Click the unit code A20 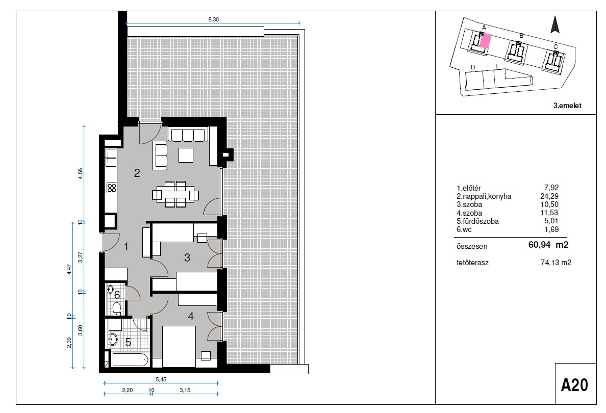tap(574, 385)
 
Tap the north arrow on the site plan tap(555, 24)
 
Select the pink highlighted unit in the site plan tap(486, 40)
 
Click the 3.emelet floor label tap(567, 106)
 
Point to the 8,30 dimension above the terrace tap(213, 19)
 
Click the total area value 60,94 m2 tap(548, 245)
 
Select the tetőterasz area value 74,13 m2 tap(556, 263)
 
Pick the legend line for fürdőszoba tap(508, 221)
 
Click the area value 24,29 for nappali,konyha tap(549, 196)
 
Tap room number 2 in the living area tap(137, 173)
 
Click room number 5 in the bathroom tap(128, 342)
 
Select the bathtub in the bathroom tap(130, 359)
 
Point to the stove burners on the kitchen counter tap(111, 188)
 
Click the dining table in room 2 tap(175, 194)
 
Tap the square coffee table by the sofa tap(186, 155)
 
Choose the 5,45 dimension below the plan tap(161, 380)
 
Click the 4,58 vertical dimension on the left tap(81, 173)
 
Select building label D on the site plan tap(473, 68)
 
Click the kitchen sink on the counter tap(111, 155)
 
